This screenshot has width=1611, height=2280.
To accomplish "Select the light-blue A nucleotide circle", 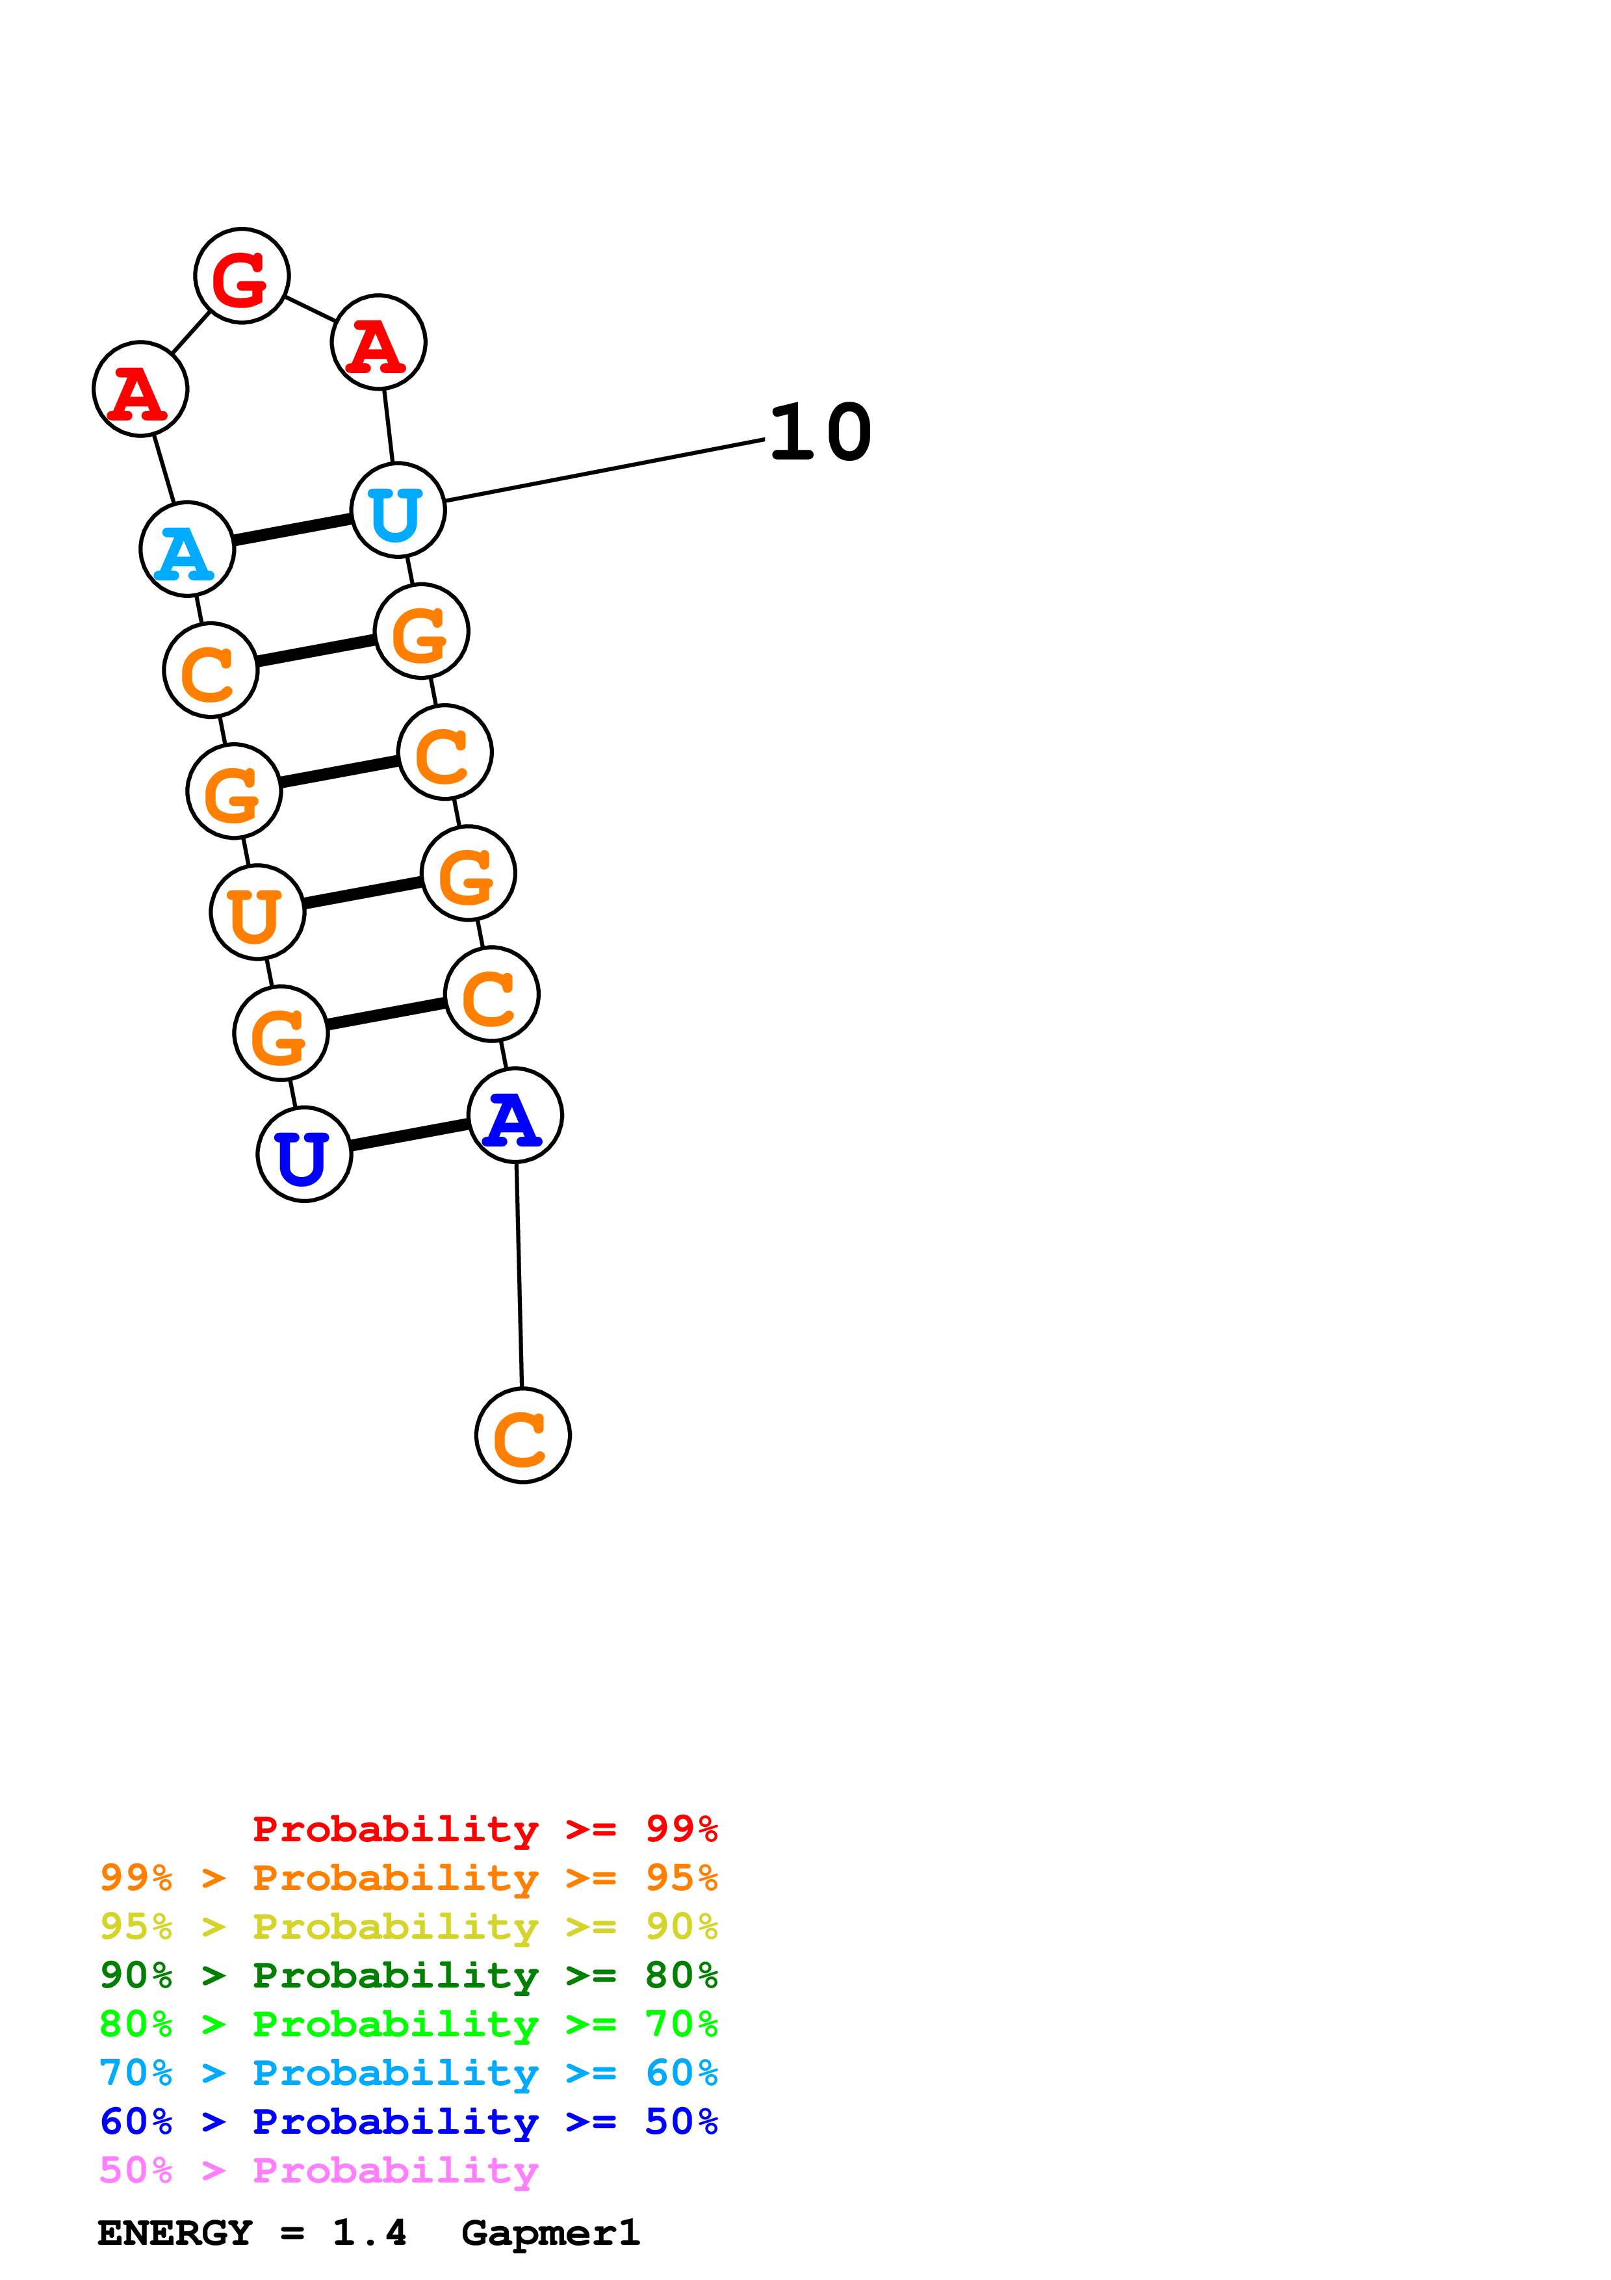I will (x=187, y=549).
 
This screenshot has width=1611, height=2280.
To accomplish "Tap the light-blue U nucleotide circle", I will (x=398, y=510).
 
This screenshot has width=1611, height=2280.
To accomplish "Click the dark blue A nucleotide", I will (x=515, y=1116).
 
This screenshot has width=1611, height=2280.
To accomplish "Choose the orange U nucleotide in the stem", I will (x=257, y=913).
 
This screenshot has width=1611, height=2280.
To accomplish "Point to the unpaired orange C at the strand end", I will (x=523, y=1436).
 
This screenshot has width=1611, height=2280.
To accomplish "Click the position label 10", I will (x=820, y=433).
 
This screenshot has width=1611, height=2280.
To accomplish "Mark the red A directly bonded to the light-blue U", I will (x=378, y=343).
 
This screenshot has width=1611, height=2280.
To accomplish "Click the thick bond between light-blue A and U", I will (x=293, y=529).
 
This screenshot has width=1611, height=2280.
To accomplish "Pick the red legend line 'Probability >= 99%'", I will (x=484, y=1828).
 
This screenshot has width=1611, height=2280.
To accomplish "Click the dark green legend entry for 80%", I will (x=408, y=1975).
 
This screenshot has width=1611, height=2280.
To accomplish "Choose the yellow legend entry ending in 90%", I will (x=408, y=1926).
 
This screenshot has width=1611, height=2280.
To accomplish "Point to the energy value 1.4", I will (x=369, y=2233).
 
